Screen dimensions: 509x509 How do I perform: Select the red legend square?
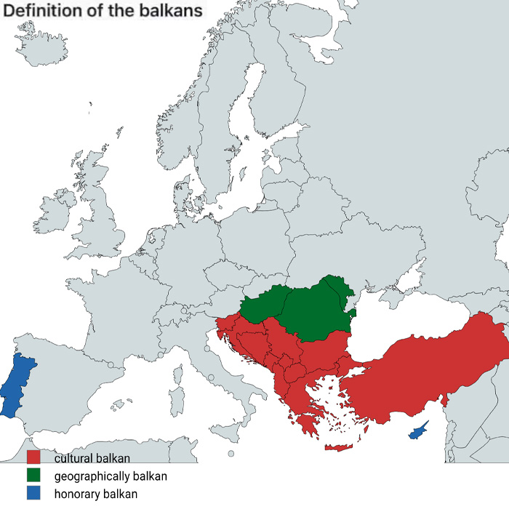[33, 457]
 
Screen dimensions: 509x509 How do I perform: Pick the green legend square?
[33, 476]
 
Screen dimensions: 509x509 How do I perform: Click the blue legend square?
[33, 494]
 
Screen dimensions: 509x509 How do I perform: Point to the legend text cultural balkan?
[92, 458]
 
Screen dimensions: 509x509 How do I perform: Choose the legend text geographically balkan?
[111, 476]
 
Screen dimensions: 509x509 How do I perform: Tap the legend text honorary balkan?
[95, 494]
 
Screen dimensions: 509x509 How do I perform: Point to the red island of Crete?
[338, 447]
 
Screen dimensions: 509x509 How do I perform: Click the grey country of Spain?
[80, 393]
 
